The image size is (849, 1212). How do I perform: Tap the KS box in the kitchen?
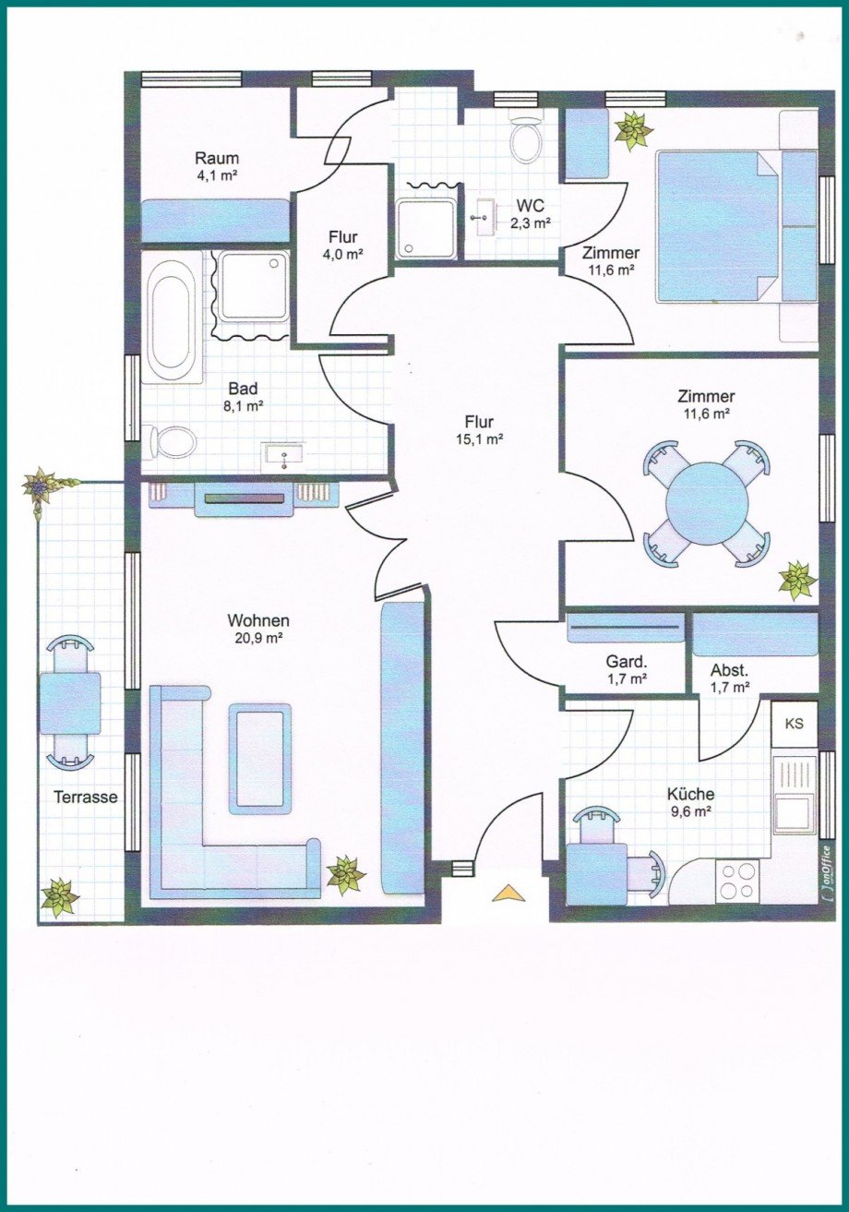click(794, 724)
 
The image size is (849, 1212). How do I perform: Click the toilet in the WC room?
click(526, 138)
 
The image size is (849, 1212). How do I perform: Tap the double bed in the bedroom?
click(717, 227)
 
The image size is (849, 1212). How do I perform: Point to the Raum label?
click(217, 159)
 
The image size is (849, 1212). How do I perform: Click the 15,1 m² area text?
click(480, 440)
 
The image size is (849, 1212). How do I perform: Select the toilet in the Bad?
click(169, 443)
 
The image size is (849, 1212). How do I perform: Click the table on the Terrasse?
click(70, 702)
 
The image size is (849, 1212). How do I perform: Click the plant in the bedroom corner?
click(633, 130)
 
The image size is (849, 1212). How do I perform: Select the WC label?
click(530, 206)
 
